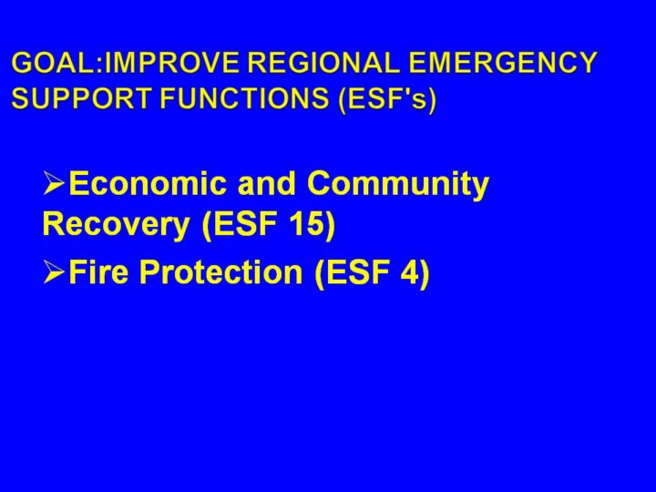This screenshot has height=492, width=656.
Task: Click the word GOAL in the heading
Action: (53, 63)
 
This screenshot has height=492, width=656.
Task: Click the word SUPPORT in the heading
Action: (81, 98)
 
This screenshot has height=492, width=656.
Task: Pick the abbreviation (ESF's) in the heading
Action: (387, 99)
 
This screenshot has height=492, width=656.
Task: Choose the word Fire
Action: (98, 272)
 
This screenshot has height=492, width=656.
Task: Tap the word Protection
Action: (221, 272)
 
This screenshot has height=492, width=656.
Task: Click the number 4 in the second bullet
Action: (408, 272)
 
